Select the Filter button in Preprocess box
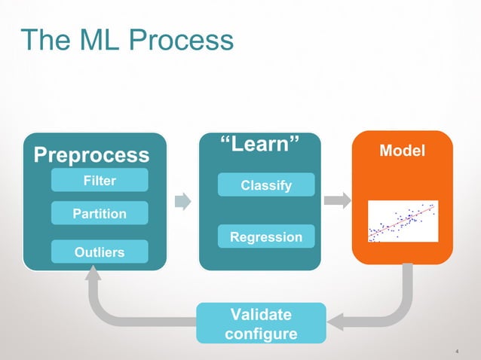pos(99,181)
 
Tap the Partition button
pos(99,214)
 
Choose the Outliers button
pos(99,252)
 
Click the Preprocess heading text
pos(91,155)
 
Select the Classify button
pos(265,185)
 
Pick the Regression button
pos(265,237)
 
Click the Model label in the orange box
pos(402,151)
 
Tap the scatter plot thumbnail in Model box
pos(403,221)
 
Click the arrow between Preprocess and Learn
pos(183,201)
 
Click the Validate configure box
pos(261,323)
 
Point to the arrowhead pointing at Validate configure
pos(337,322)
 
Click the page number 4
pos(458,351)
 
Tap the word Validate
pos(261,314)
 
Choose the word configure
pos(261,334)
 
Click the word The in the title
pos(46,41)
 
